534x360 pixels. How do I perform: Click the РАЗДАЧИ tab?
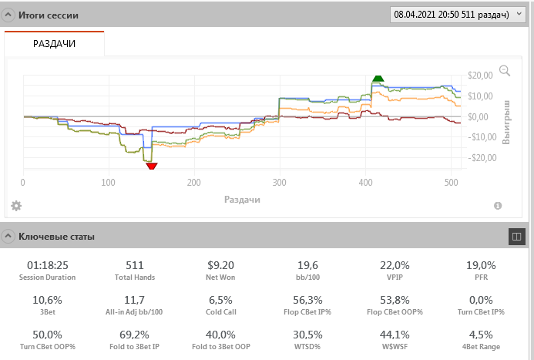coord(54,44)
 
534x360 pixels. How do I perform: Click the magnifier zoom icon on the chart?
coord(505,71)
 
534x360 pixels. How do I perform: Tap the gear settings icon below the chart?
coord(16,206)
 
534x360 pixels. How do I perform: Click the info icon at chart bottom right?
coord(498,206)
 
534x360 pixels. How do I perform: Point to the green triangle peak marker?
coord(378,78)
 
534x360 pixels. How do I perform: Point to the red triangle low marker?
coord(151,165)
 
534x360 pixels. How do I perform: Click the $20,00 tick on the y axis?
coord(482,75)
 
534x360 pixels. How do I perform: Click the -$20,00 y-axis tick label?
coord(480,158)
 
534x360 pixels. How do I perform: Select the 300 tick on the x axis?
coord(279,183)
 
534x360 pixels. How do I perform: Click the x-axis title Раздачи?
coord(242,200)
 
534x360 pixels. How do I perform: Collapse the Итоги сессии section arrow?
coord(8,15)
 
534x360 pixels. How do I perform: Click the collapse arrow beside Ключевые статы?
coord(8,237)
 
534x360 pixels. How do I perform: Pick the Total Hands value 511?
coord(135,265)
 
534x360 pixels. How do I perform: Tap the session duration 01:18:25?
coord(48,265)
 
